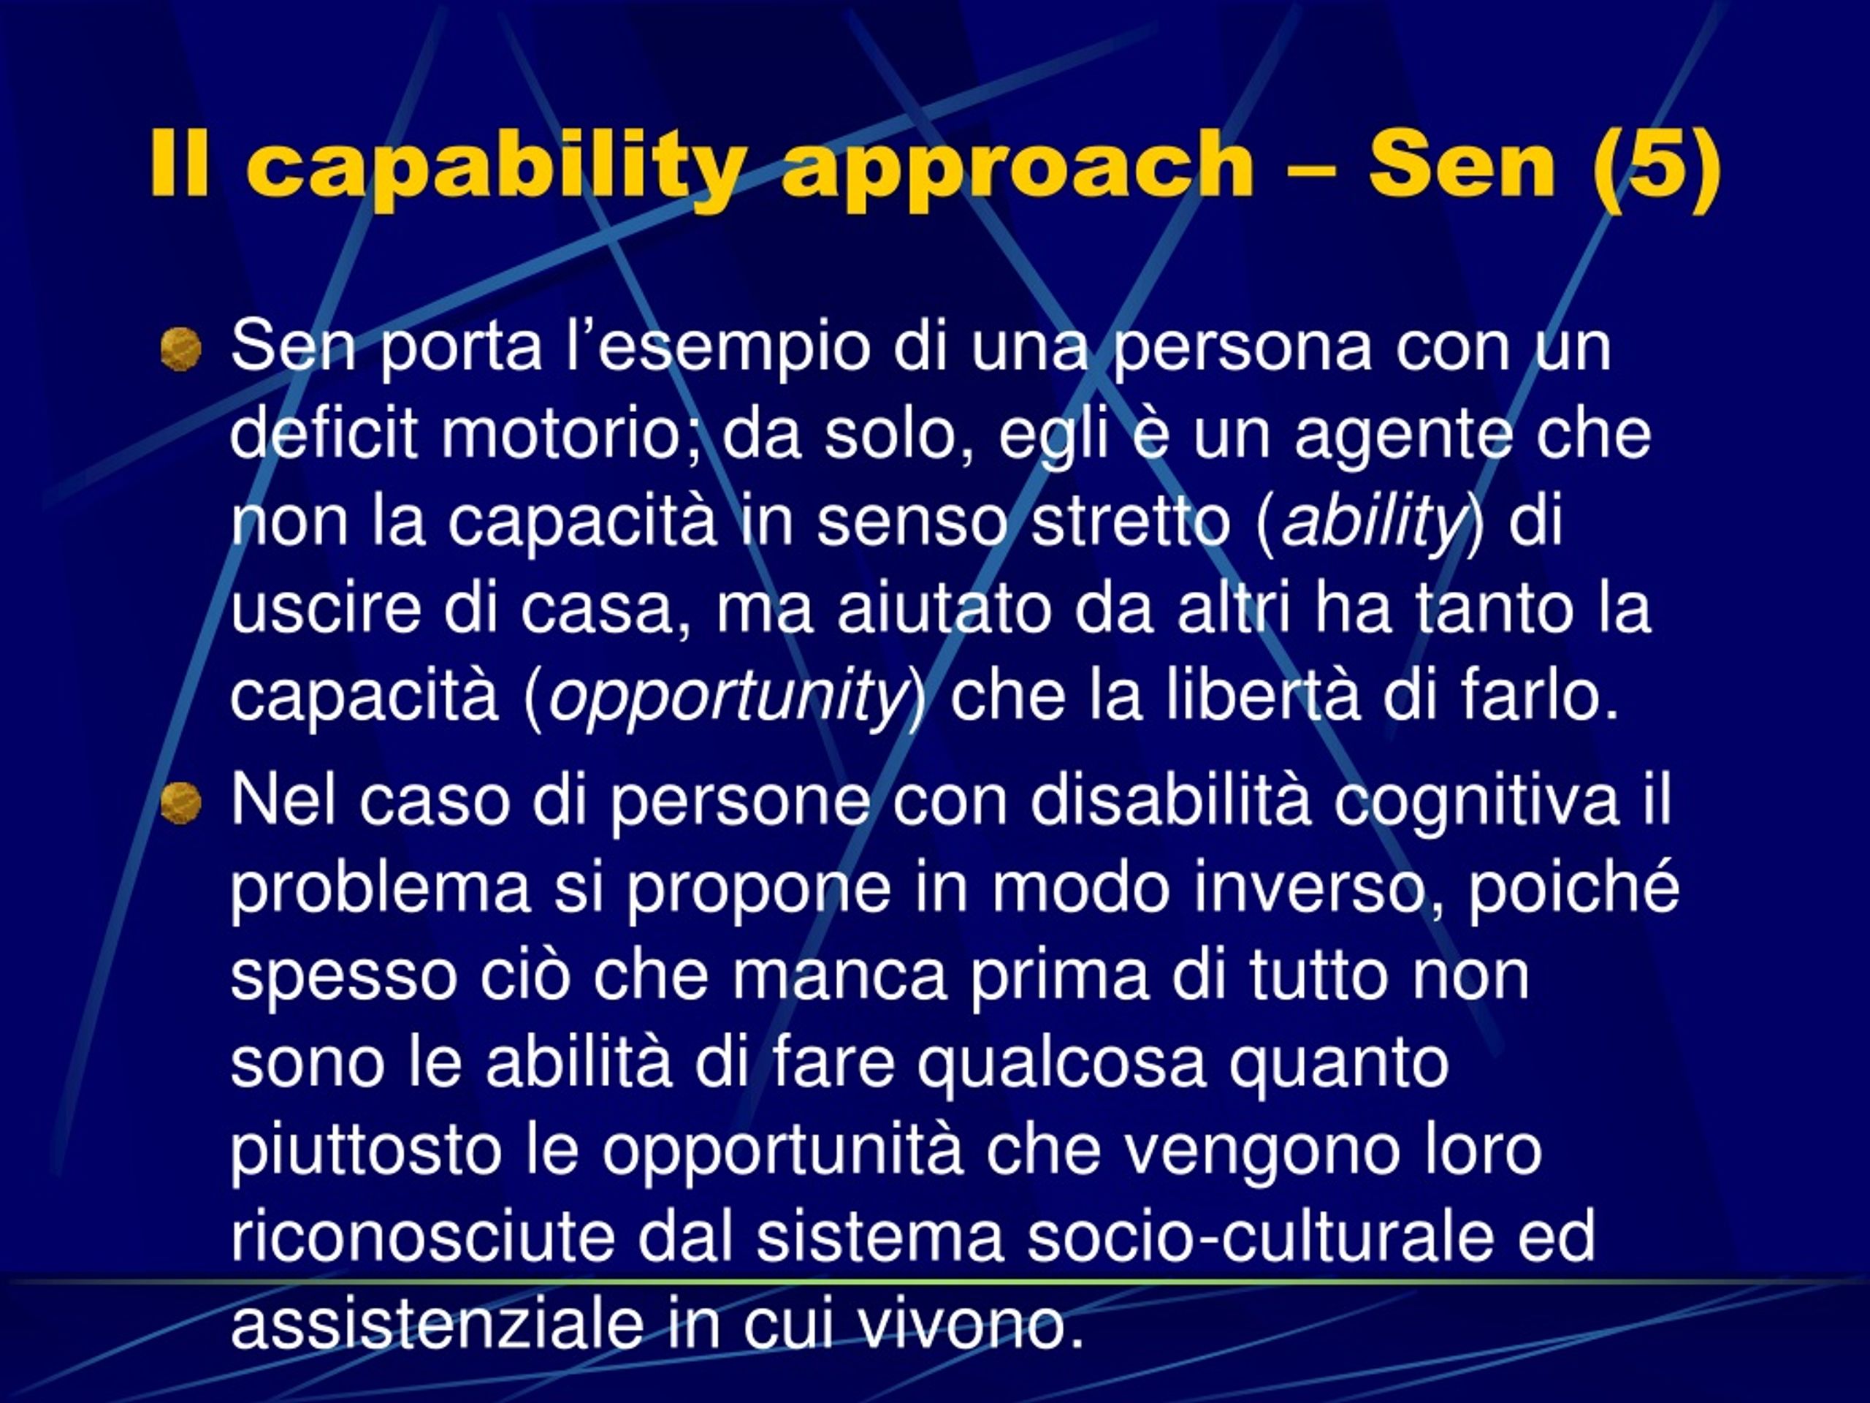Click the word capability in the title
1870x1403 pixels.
[496, 167]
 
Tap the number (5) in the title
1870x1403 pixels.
[1656, 165]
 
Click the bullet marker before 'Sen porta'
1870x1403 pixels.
[181, 349]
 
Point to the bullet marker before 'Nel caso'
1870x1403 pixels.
[181, 802]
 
